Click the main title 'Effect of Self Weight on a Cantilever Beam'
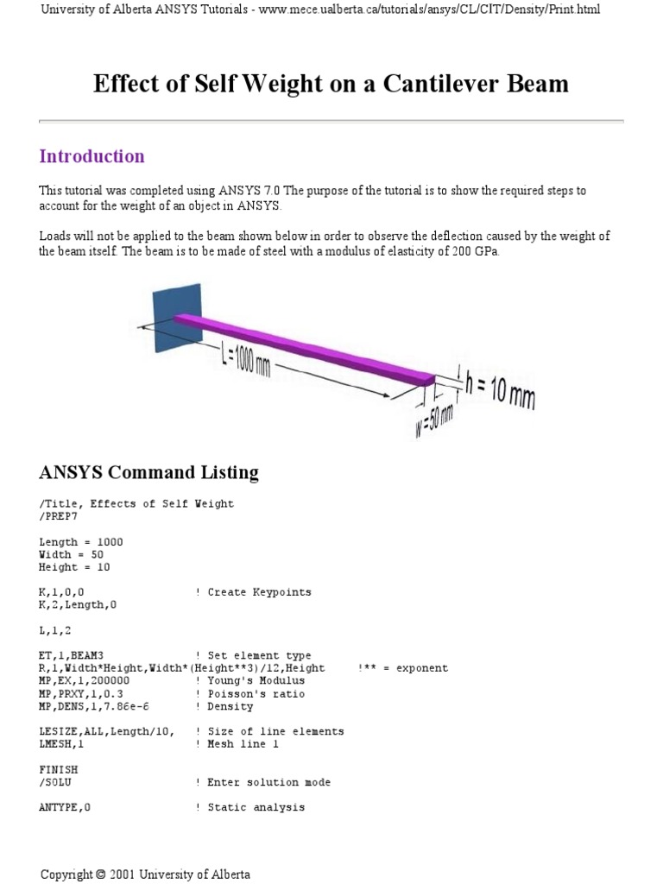pos(331,84)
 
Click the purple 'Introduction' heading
pos(92,156)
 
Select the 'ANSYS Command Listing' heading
pos(148,472)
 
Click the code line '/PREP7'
pos(59,516)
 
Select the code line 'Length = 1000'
pos(81,542)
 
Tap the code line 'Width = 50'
pos(72,554)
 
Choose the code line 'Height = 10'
pos(74,567)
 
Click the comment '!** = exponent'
pos(402,668)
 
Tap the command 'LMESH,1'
pos(61,743)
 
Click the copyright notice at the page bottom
pos(145,874)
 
